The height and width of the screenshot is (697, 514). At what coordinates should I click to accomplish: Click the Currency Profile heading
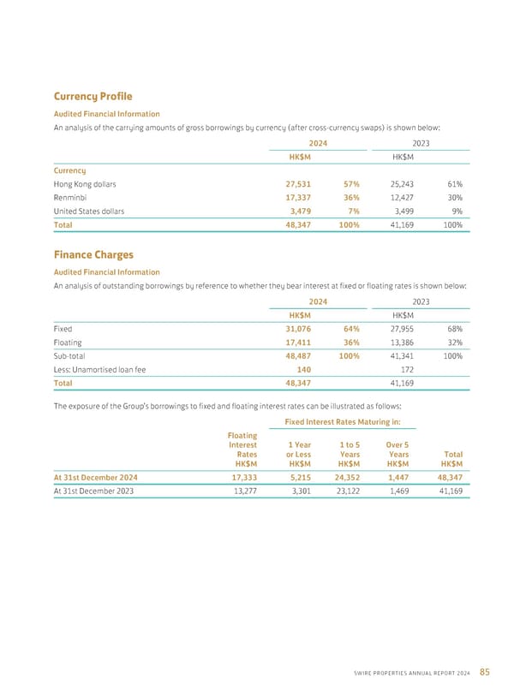(x=93, y=97)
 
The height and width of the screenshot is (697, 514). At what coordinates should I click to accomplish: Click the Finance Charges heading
(x=95, y=255)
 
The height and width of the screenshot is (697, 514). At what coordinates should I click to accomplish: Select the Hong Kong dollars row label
(x=84, y=183)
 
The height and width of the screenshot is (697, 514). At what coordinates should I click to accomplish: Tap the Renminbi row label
(x=70, y=197)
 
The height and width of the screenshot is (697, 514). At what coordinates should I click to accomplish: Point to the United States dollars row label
(x=88, y=211)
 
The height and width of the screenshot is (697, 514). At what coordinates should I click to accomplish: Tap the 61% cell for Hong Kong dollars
(x=454, y=183)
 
